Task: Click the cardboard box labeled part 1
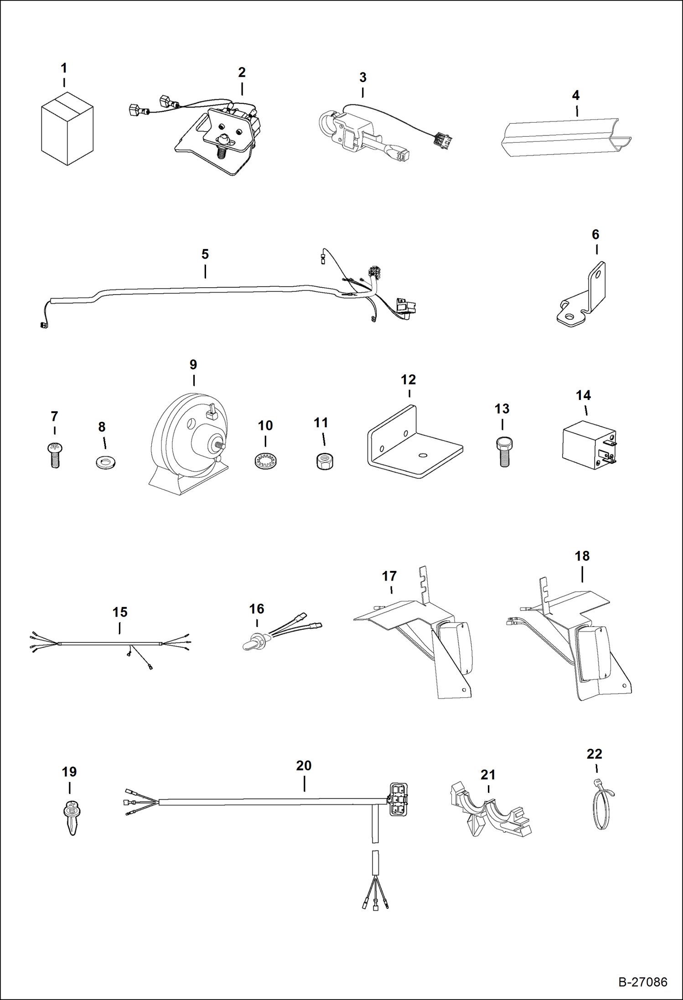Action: click(x=67, y=130)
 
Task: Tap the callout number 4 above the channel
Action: click(x=575, y=95)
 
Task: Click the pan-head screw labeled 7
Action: click(x=54, y=455)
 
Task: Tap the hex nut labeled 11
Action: click(x=324, y=461)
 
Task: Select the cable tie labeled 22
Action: click(x=602, y=805)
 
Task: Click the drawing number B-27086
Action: click(x=642, y=982)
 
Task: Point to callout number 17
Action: click(x=389, y=576)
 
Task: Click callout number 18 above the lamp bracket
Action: click(x=582, y=556)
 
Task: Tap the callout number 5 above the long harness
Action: click(x=205, y=254)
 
